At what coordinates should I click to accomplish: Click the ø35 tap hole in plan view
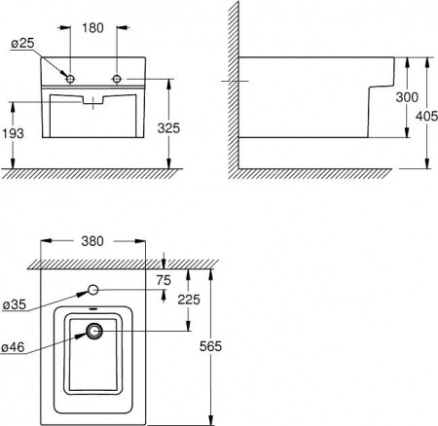point(94,289)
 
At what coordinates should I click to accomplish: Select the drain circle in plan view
point(94,332)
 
